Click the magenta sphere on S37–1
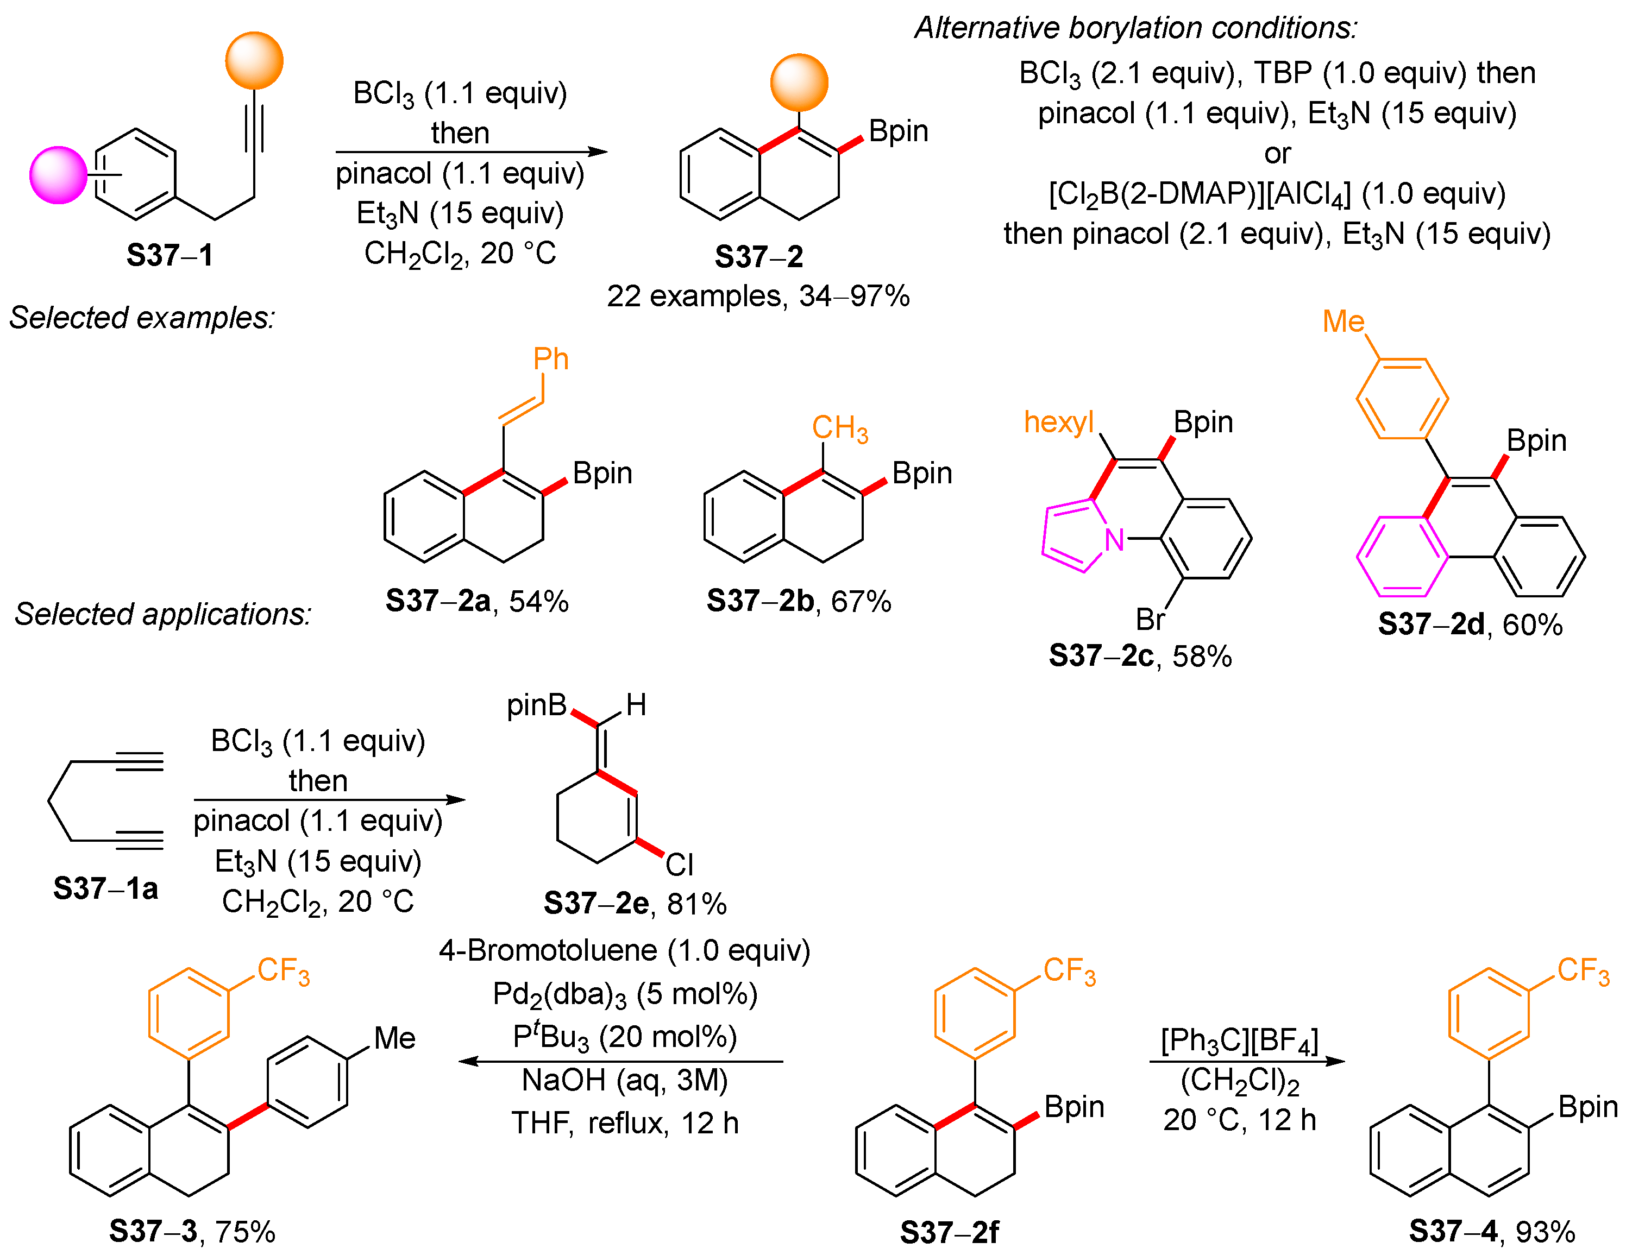pyautogui.click(x=58, y=175)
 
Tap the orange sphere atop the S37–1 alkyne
pyautogui.click(x=254, y=60)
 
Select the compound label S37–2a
pyautogui.click(x=438, y=600)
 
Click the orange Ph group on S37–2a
pyautogui.click(x=551, y=360)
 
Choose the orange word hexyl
pyautogui.click(x=1058, y=422)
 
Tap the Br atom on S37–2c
pyautogui.click(x=1150, y=619)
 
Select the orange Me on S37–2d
pyautogui.click(x=1343, y=321)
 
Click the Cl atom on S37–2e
pyautogui.click(x=679, y=865)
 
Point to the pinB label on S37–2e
pyautogui.click(x=536, y=705)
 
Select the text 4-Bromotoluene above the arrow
pyautogui.click(x=548, y=950)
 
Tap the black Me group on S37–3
pyautogui.click(x=394, y=1038)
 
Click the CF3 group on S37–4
pyautogui.click(x=1583, y=970)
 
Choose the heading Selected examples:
pyautogui.click(x=141, y=318)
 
